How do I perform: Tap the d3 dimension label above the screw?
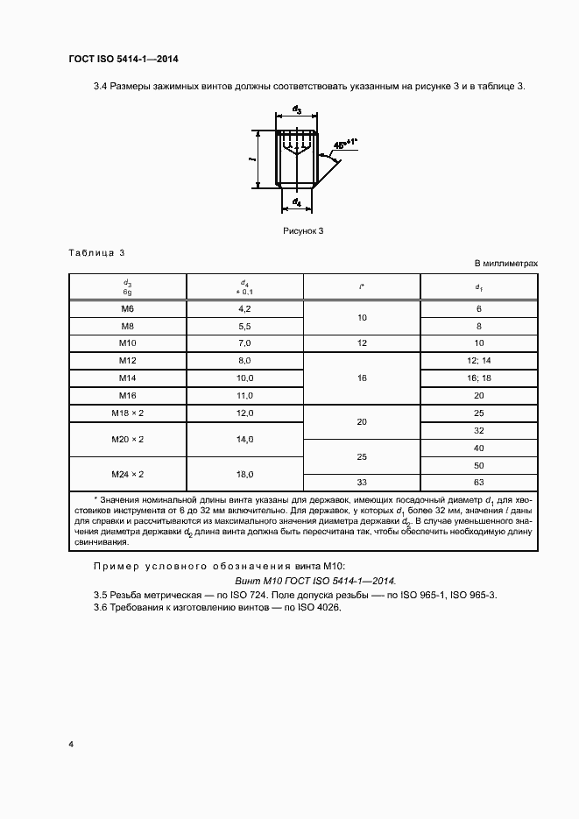(297, 110)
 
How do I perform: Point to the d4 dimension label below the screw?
(297, 203)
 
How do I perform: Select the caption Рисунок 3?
(303, 230)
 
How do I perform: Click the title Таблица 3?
(96, 253)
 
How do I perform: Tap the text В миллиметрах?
(505, 263)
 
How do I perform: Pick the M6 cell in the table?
(127, 308)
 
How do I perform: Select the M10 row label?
(127, 342)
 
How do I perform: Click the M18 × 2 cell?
(127, 413)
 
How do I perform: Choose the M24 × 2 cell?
(127, 474)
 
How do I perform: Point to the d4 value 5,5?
(244, 326)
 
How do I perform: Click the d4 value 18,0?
(244, 474)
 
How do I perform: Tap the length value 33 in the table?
(362, 483)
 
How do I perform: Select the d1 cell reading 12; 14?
(479, 360)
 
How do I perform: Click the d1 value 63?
(479, 483)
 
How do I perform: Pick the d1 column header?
(478, 286)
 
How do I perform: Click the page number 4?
(71, 745)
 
